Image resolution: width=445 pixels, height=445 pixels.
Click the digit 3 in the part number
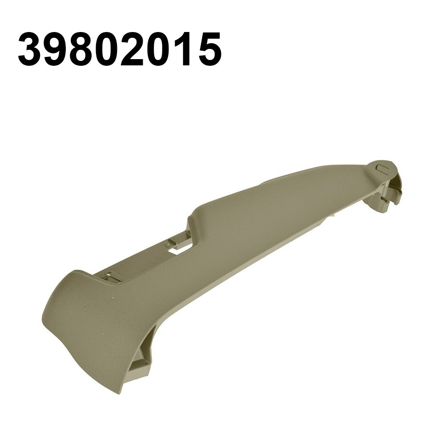[x=30, y=50]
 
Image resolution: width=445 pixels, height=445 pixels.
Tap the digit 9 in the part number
[x=56, y=50]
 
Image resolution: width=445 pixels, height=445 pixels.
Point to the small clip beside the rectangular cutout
[x=172, y=243]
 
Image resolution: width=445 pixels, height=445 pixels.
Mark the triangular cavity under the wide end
[x=141, y=357]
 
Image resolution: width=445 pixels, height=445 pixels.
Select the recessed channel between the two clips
[x=142, y=262]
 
